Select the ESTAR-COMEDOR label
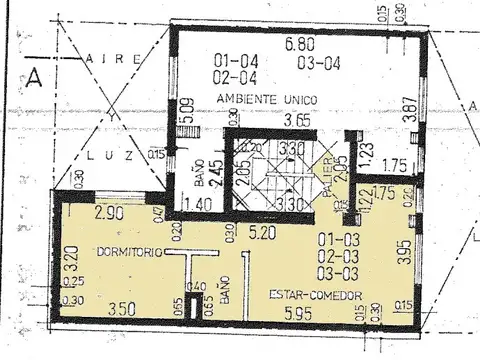[316, 294]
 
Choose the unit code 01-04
[232, 58]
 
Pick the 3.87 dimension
[408, 108]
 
